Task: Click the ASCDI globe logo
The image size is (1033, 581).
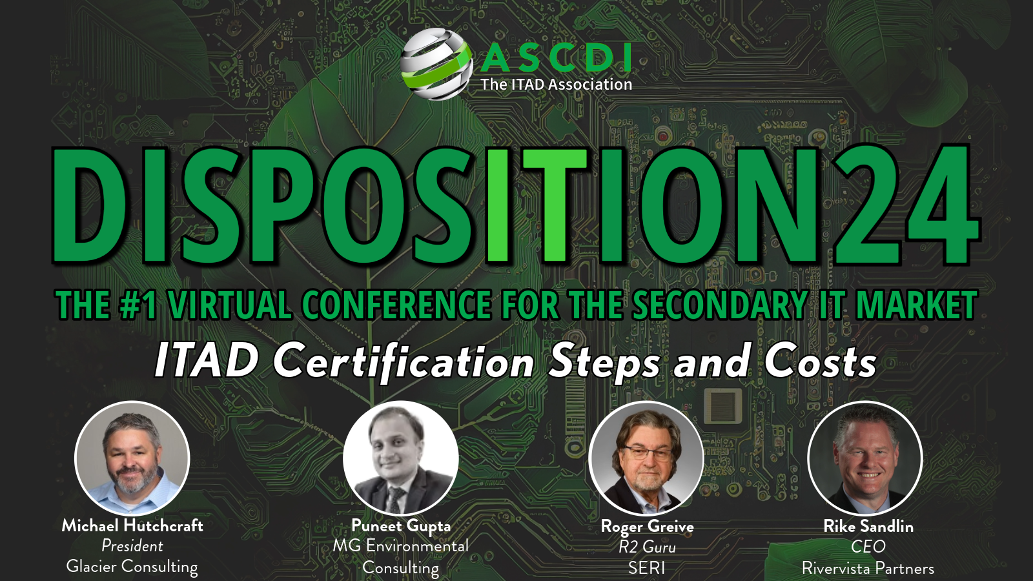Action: pyautogui.click(x=436, y=64)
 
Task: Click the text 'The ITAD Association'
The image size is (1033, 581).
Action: pyautogui.click(x=556, y=85)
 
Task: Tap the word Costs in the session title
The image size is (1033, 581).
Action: pyautogui.click(x=821, y=362)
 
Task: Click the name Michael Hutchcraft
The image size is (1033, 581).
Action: pyautogui.click(x=132, y=525)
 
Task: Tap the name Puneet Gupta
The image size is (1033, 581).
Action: pyautogui.click(x=401, y=526)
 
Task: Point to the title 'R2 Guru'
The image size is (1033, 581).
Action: pyautogui.click(x=647, y=547)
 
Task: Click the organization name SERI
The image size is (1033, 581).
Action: pyautogui.click(x=646, y=567)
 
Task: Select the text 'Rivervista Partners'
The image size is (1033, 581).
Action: pyautogui.click(x=868, y=567)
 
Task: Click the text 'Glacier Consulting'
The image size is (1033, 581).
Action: pyautogui.click(x=132, y=566)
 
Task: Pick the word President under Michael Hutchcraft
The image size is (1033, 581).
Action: pyautogui.click(x=132, y=546)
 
